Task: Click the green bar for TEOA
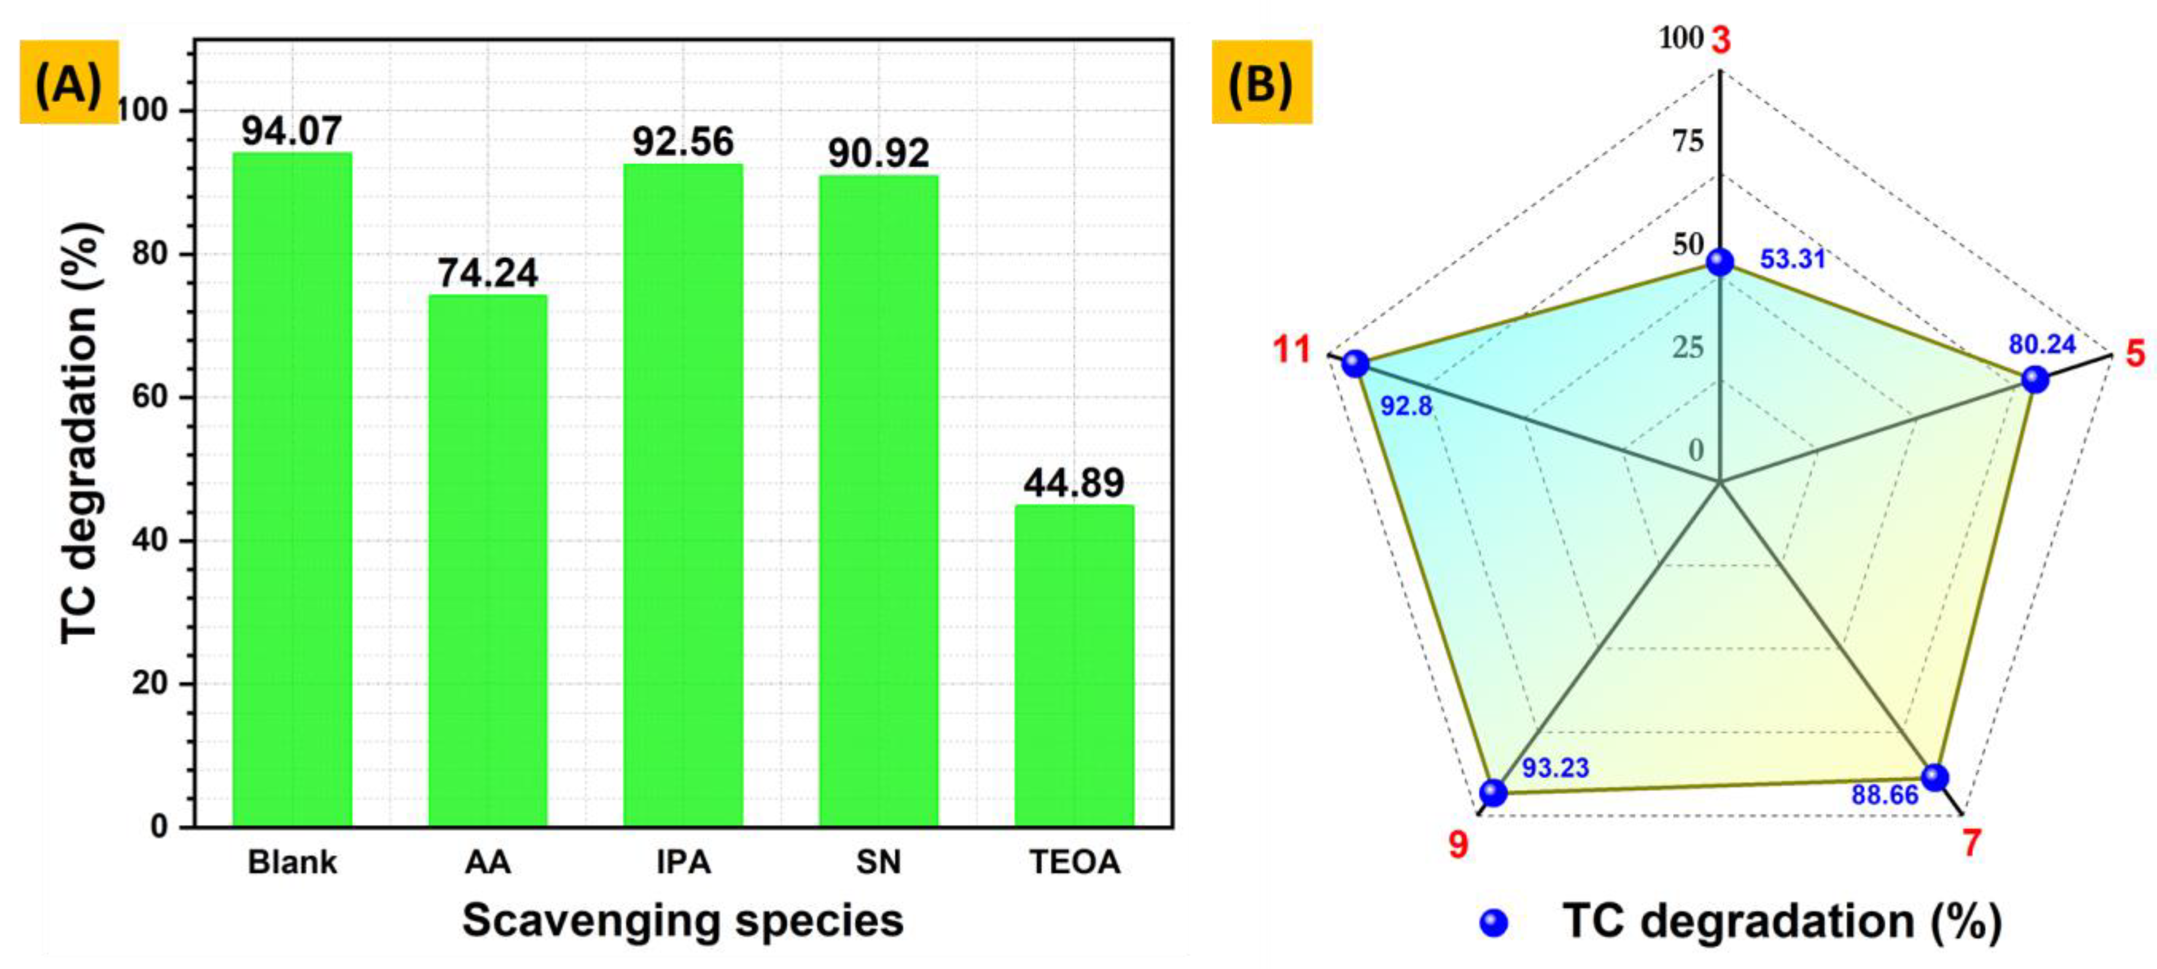point(1075,665)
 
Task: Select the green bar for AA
point(487,561)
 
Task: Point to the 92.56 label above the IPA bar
point(683,141)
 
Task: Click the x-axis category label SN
point(878,862)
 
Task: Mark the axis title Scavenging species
point(683,920)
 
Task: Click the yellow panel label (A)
point(68,82)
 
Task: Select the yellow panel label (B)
point(1261,82)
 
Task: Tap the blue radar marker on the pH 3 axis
point(1720,262)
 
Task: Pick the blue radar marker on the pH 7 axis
point(1934,777)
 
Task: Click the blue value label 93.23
point(1555,767)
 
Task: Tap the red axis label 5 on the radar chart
point(2135,354)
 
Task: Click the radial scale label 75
point(1688,143)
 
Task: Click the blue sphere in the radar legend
point(1494,923)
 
